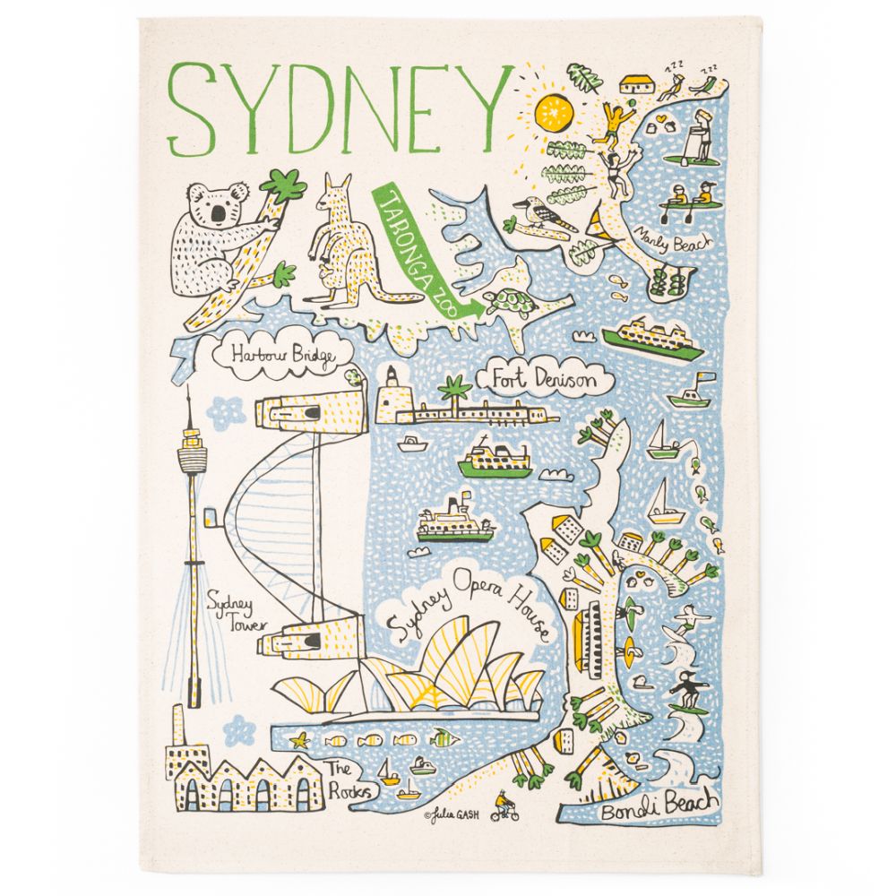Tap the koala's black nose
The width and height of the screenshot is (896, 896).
point(219,212)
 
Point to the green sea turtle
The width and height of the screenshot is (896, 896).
point(508,302)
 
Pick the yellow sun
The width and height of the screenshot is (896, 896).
point(553,112)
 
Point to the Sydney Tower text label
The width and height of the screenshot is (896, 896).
point(230,613)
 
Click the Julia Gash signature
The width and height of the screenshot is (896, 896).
point(453,814)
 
